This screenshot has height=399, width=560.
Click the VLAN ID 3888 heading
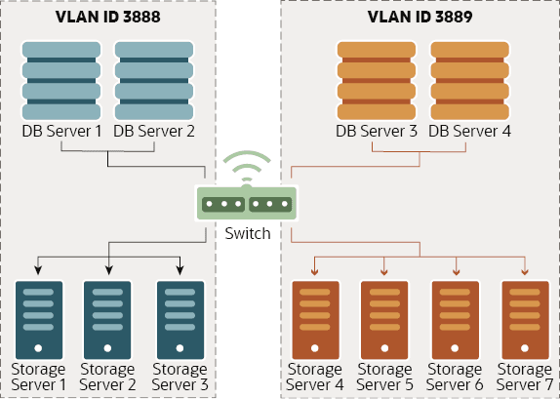point(109,17)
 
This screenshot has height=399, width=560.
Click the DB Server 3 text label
point(376,131)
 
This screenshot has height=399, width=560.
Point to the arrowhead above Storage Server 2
point(108,268)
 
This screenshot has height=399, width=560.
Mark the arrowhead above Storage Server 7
point(525,271)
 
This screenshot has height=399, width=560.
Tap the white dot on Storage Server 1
point(38,347)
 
